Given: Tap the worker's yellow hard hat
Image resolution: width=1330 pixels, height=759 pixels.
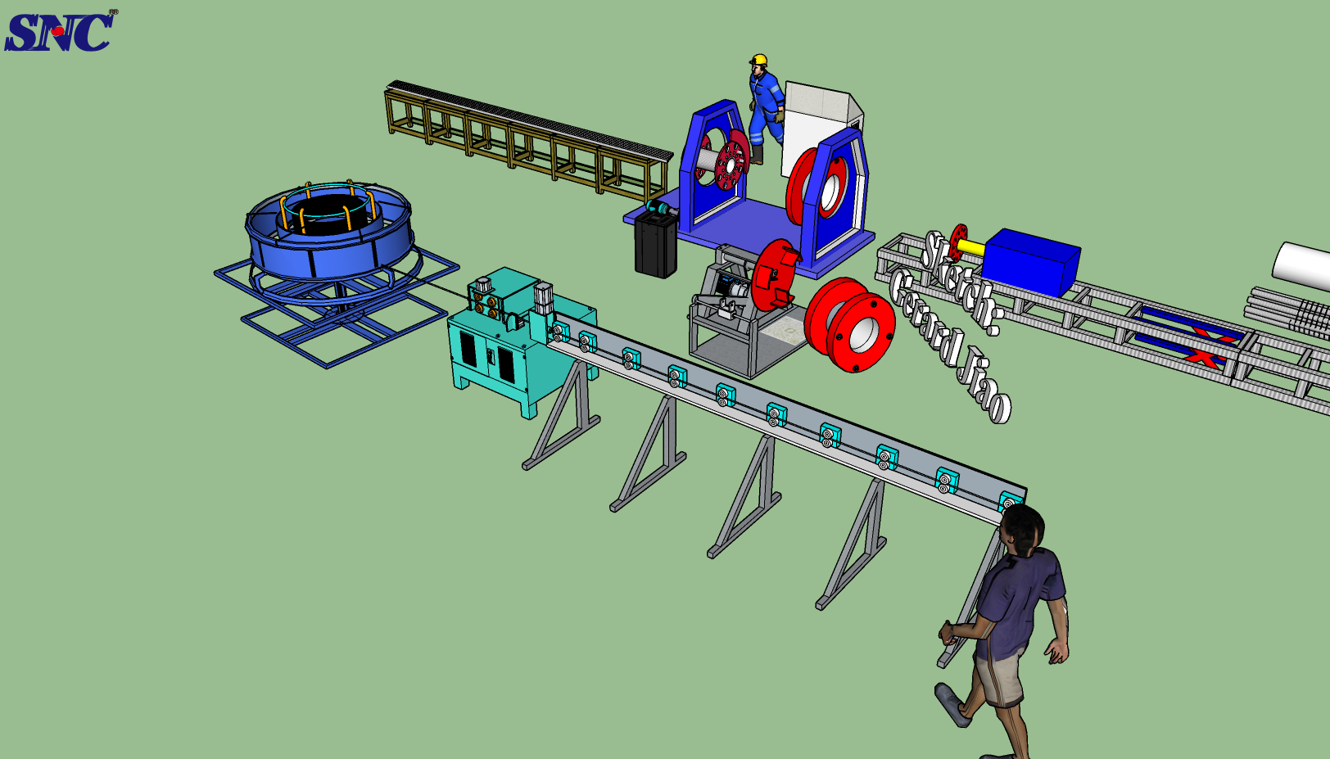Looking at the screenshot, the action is (758, 60).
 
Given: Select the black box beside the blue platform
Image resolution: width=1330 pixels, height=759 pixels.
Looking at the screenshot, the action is (655, 245).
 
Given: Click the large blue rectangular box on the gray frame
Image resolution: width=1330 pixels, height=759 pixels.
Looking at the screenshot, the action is (1031, 262).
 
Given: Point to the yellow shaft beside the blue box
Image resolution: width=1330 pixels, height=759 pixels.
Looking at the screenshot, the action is (970, 247).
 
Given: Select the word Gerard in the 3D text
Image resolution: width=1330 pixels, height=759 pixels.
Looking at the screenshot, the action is (926, 315).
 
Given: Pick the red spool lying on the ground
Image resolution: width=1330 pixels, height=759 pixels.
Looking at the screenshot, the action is (850, 324).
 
